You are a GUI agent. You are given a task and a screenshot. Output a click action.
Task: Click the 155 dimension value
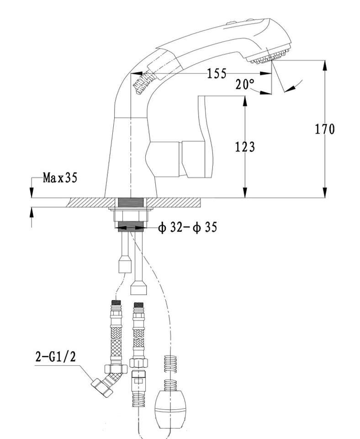pos(217,73)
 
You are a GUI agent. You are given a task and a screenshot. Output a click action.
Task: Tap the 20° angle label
pos(245,84)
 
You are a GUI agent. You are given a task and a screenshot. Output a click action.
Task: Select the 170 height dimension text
pos(325,129)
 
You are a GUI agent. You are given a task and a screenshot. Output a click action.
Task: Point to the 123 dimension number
pos(245,147)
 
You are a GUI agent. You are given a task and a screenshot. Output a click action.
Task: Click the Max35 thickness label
pos(60,178)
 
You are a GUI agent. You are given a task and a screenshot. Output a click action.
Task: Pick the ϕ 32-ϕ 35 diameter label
pos(187,227)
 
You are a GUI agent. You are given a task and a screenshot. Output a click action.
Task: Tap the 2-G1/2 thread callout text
pos(55,357)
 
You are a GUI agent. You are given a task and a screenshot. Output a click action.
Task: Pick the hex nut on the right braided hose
pos(139,363)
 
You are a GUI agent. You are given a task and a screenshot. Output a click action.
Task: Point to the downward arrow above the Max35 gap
pos(32,193)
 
